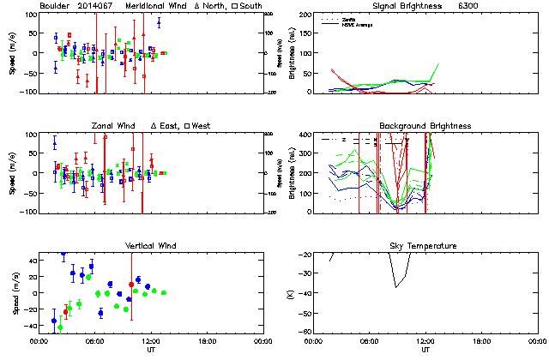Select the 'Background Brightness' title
point(425,126)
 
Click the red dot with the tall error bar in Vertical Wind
point(131,284)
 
